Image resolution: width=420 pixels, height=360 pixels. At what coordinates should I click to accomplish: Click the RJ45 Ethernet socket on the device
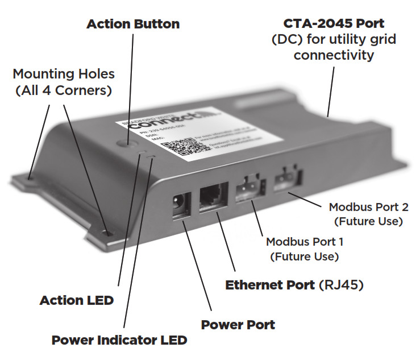click(213, 200)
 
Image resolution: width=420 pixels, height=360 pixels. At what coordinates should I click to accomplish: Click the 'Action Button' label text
click(133, 24)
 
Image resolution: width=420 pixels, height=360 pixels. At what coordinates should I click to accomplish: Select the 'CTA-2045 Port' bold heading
click(334, 24)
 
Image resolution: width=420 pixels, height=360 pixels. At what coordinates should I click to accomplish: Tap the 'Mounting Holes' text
click(64, 74)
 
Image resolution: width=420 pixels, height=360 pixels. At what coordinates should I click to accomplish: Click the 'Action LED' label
click(76, 300)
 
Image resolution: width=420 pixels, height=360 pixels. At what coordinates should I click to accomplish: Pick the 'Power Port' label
click(238, 325)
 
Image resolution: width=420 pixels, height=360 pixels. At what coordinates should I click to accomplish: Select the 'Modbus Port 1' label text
click(305, 242)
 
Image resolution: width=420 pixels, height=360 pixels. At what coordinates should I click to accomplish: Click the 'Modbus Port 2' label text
click(369, 207)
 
